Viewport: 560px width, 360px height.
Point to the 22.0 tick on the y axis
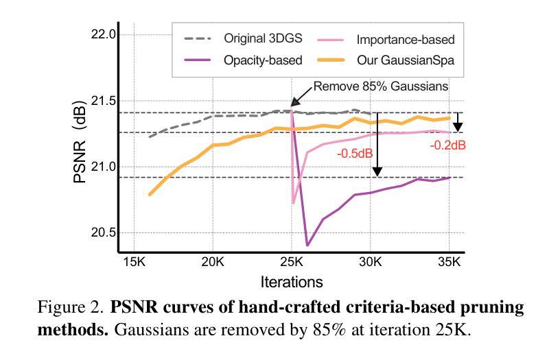103,35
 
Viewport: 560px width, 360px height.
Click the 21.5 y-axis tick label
103,101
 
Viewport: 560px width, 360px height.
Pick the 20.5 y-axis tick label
103,232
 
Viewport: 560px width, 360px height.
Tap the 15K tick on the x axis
134,262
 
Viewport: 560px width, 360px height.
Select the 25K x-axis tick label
292,262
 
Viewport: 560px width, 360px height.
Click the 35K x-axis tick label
450,262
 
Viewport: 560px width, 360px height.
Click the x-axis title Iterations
292,282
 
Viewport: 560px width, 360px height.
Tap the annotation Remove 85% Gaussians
381,86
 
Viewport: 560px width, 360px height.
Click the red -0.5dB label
355,154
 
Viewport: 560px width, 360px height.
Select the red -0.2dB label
448,145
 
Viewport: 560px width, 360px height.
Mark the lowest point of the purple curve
307,245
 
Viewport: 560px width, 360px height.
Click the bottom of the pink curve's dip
294,203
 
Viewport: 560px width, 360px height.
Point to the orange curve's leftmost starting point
150,195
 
